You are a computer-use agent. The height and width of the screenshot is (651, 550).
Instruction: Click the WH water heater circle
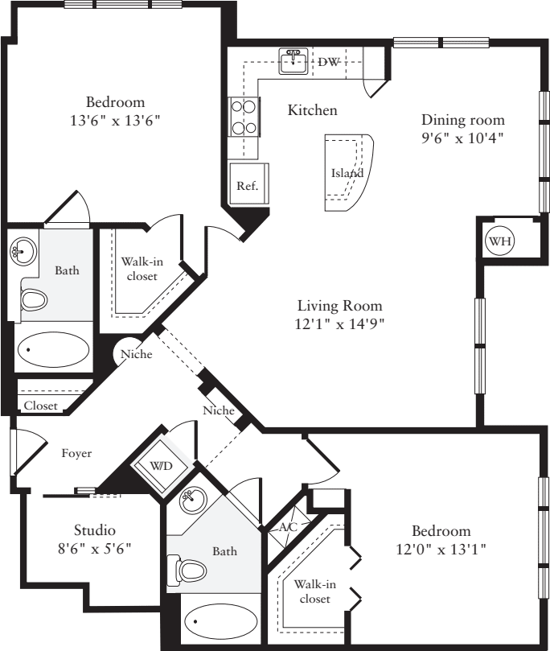pos(499,240)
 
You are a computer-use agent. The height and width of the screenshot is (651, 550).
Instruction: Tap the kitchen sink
pos(293,62)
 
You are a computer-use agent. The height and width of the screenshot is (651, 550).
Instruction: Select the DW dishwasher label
pos(328,62)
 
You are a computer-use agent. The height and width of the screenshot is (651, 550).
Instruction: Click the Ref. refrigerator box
pos(247,186)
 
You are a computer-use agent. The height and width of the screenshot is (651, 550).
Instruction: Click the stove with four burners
pos(244,117)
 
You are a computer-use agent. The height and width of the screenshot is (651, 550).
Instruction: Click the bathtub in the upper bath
pos(54,350)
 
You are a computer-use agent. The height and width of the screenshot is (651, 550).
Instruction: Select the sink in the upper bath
pos(23,251)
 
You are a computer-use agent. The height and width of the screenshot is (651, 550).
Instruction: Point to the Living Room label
pos(339,306)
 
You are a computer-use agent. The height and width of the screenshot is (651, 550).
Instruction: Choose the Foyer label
pos(76,453)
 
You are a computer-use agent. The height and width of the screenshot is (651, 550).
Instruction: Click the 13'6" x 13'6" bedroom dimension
pos(116,121)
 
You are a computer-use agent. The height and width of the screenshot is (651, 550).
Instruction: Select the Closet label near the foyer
pos(40,406)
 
